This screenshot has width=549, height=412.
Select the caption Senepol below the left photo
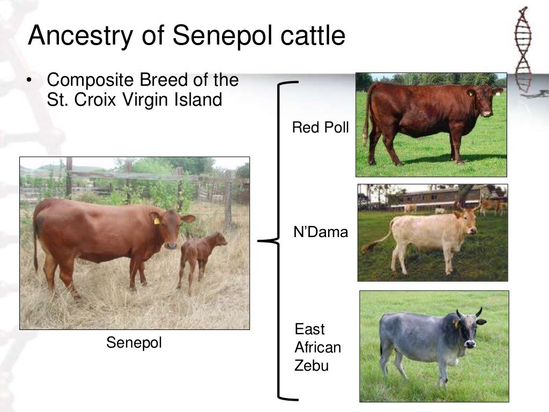coord(134,343)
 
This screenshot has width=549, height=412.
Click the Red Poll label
coord(320,128)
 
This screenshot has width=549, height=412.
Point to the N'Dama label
coord(321,232)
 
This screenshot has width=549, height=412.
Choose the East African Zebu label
coord(317,348)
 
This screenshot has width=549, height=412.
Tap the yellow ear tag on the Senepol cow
coord(157,220)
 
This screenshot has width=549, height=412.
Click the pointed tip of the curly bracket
coord(261,241)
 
